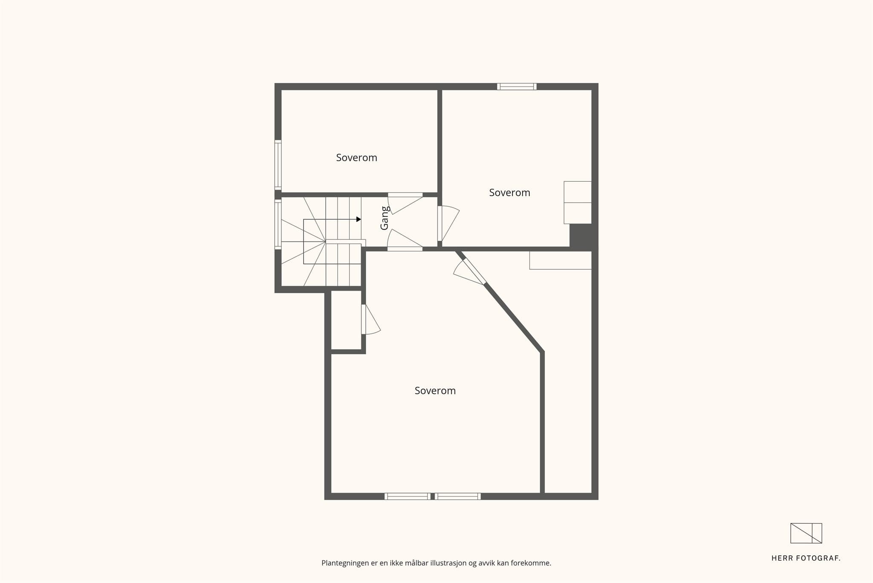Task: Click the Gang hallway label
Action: tap(384, 218)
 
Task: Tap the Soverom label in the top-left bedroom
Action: tap(356, 158)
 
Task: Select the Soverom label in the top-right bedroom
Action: tap(509, 193)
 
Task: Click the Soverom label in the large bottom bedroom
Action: tap(435, 391)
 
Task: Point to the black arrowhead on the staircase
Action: tap(358, 219)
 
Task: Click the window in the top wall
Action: tap(517, 87)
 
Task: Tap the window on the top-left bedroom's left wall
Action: tap(278, 165)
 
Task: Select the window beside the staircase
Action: tap(278, 224)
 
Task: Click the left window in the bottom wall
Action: tap(407, 496)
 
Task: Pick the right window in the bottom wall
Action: tap(458, 496)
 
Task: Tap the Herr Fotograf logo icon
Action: tap(806, 533)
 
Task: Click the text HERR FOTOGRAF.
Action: tap(806, 558)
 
